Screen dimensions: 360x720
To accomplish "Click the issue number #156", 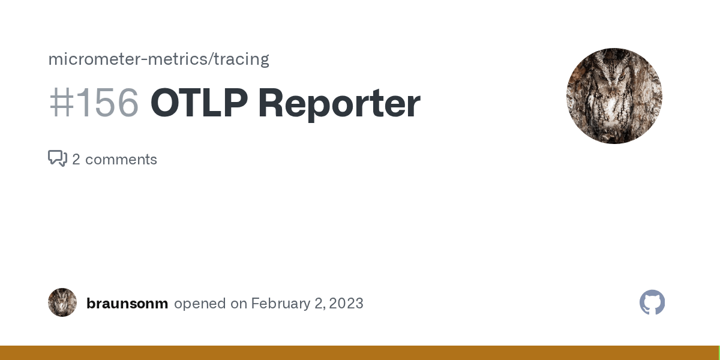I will pyautogui.click(x=94, y=103).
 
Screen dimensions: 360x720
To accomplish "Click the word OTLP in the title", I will pyautogui.click(x=199, y=103).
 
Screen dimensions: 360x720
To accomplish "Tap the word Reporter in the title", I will pyautogui.click(x=339, y=103).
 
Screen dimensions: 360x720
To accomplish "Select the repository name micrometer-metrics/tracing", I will pyautogui.click(x=158, y=59).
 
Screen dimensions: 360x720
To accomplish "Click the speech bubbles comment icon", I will pyautogui.click(x=58, y=158).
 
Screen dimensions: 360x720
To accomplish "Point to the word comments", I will pyautogui.click(x=121, y=160).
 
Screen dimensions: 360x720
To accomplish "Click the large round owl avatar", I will pyautogui.click(x=614, y=96).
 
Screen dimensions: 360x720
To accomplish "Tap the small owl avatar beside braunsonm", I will pyautogui.click(x=62, y=302).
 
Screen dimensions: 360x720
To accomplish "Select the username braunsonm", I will pyautogui.click(x=127, y=304).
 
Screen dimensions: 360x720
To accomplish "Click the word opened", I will pyautogui.click(x=200, y=304).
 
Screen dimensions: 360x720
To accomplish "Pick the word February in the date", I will pyautogui.click(x=280, y=304).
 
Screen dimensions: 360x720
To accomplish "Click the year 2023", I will pyautogui.click(x=346, y=304).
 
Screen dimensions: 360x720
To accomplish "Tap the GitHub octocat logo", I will pyautogui.click(x=652, y=302).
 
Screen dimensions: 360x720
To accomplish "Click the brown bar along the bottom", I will pyautogui.click(x=360, y=353).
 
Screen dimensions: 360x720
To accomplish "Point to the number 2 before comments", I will pyautogui.click(x=76, y=160).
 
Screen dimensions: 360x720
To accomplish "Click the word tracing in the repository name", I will pyautogui.click(x=245, y=59).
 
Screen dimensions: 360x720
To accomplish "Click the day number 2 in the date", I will pyautogui.click(x=318, y=304).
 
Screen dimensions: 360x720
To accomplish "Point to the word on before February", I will pyautogui.click(x=239, y=304).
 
